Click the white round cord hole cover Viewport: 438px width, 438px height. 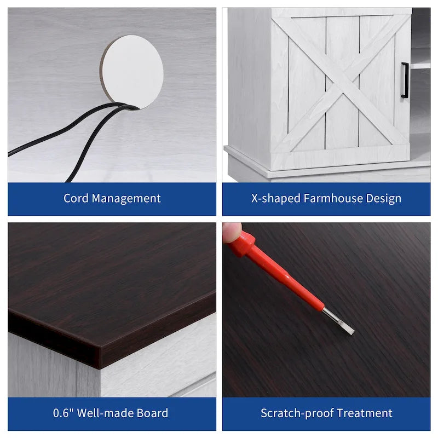(x=132, y=72)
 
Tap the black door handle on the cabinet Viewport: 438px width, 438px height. (x=405, y=80)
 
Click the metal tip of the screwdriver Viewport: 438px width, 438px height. (x=338, y=321)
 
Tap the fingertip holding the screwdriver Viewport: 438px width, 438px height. (x=231, y=232)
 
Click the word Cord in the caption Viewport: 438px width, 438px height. (x=76, y=198)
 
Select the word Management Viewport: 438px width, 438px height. (x=126, y=199)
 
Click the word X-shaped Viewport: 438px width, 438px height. (x=275, y=199)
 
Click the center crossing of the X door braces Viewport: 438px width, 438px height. (x=342, y=83)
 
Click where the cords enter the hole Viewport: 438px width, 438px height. (x=131, y=106)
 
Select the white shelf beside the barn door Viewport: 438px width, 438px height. (x=420, y=66)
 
